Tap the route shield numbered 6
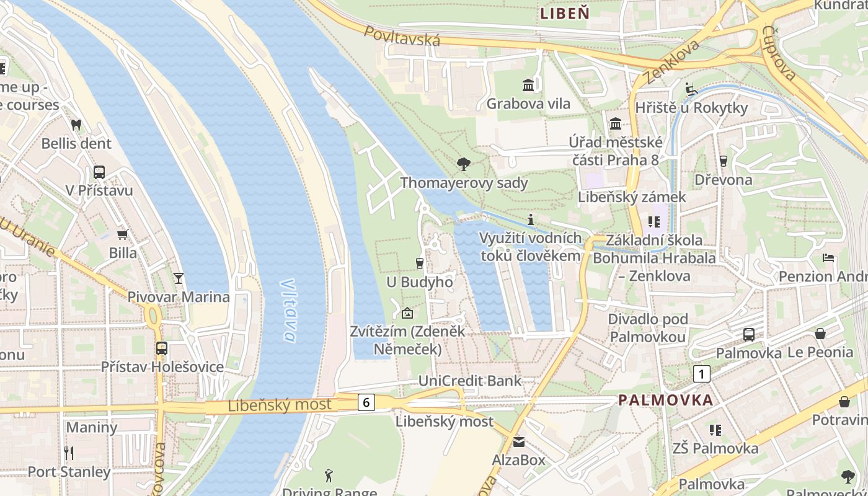tap(366, 402)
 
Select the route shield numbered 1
tap(701, 374)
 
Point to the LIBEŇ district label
tap(564, 12)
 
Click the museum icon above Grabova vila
tap(528, 84)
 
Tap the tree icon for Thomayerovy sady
tap(463, 164)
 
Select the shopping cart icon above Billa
tap(123, 234)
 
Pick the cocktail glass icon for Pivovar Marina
tap(179, 278)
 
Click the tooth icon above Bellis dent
tap(76, 125)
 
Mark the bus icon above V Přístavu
tap(99, 172)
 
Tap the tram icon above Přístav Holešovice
tap(162, 348)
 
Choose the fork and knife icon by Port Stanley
tap(69, 453)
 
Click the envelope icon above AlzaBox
tap(518, 441)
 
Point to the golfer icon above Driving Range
tap(329, 476)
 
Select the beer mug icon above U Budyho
tap(420, 263)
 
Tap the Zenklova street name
tap(671, 62)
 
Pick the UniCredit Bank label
tap(470, 381)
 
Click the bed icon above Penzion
tap(828, 258)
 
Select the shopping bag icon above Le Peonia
tap(820, 334)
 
